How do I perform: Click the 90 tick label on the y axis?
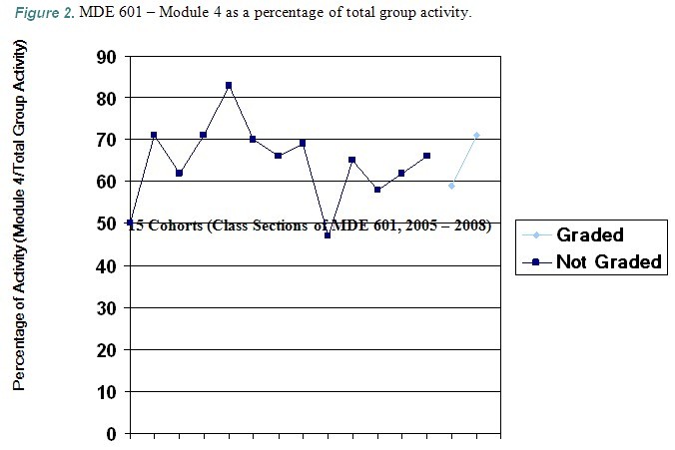(x=105, y=57)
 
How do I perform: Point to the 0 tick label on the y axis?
(x=110, y=434)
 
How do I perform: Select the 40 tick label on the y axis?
(x=105, y=266)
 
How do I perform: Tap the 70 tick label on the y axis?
(x=105, y=141)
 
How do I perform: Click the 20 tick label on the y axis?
(x=105, y=350)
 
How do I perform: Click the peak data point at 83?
(x=229, y=86)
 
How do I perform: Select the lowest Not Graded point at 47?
(x=328, y=235)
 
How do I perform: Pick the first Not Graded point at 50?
(x=130, y=224)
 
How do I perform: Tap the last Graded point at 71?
(x=476, y=135)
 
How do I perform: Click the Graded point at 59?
(x=451, y=186)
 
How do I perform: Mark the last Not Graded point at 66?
(x=426, y=156)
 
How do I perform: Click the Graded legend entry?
(x=589, y=235)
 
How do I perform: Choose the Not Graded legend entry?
(x=608, y=261)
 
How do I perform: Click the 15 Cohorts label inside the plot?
(x=310, y=225)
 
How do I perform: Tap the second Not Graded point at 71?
(x=154, y=135)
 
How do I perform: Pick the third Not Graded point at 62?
(x=179, y=173)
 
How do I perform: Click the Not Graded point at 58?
(x=376, y=190)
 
